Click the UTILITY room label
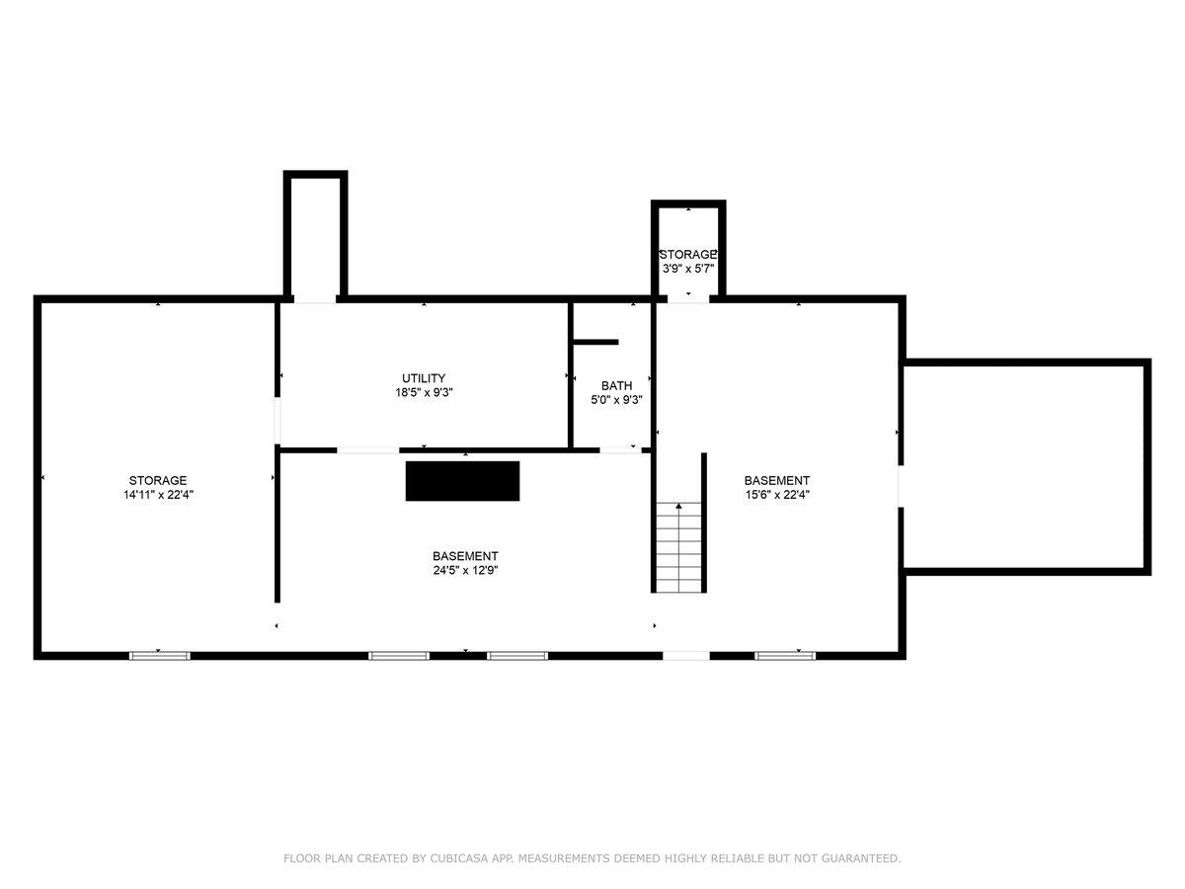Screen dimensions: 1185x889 tap(424, 378)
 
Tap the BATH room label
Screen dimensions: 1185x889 tap(616, 386)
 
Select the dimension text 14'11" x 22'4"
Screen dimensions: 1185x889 tap(158, 495)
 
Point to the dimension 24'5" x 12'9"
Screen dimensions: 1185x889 tap(465, 570)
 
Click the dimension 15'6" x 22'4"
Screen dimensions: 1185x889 tap(777, 495)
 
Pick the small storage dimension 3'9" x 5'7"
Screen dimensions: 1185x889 tap(688, 269)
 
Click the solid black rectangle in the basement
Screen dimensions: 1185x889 tap(463, 481)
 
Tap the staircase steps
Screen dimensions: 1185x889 tap(678, 547)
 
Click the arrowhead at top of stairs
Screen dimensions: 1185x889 tap(678, 506)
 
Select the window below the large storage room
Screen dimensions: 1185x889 tap(159, 656)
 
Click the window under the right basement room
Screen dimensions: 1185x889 tap(785, 656)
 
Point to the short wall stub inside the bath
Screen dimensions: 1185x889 tap(595, 342)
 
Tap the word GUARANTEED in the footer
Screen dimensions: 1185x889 tap(860, 858)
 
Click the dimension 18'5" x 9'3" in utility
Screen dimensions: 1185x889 tap(424, 392)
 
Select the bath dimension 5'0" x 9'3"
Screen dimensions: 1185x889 tap(616, 400)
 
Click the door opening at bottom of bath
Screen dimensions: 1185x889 tap(620, 450)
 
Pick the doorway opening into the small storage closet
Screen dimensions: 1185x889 tap(688, 298)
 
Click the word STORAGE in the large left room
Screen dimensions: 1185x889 tap(158, 480)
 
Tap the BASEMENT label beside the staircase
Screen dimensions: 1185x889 tap(777, 480)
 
